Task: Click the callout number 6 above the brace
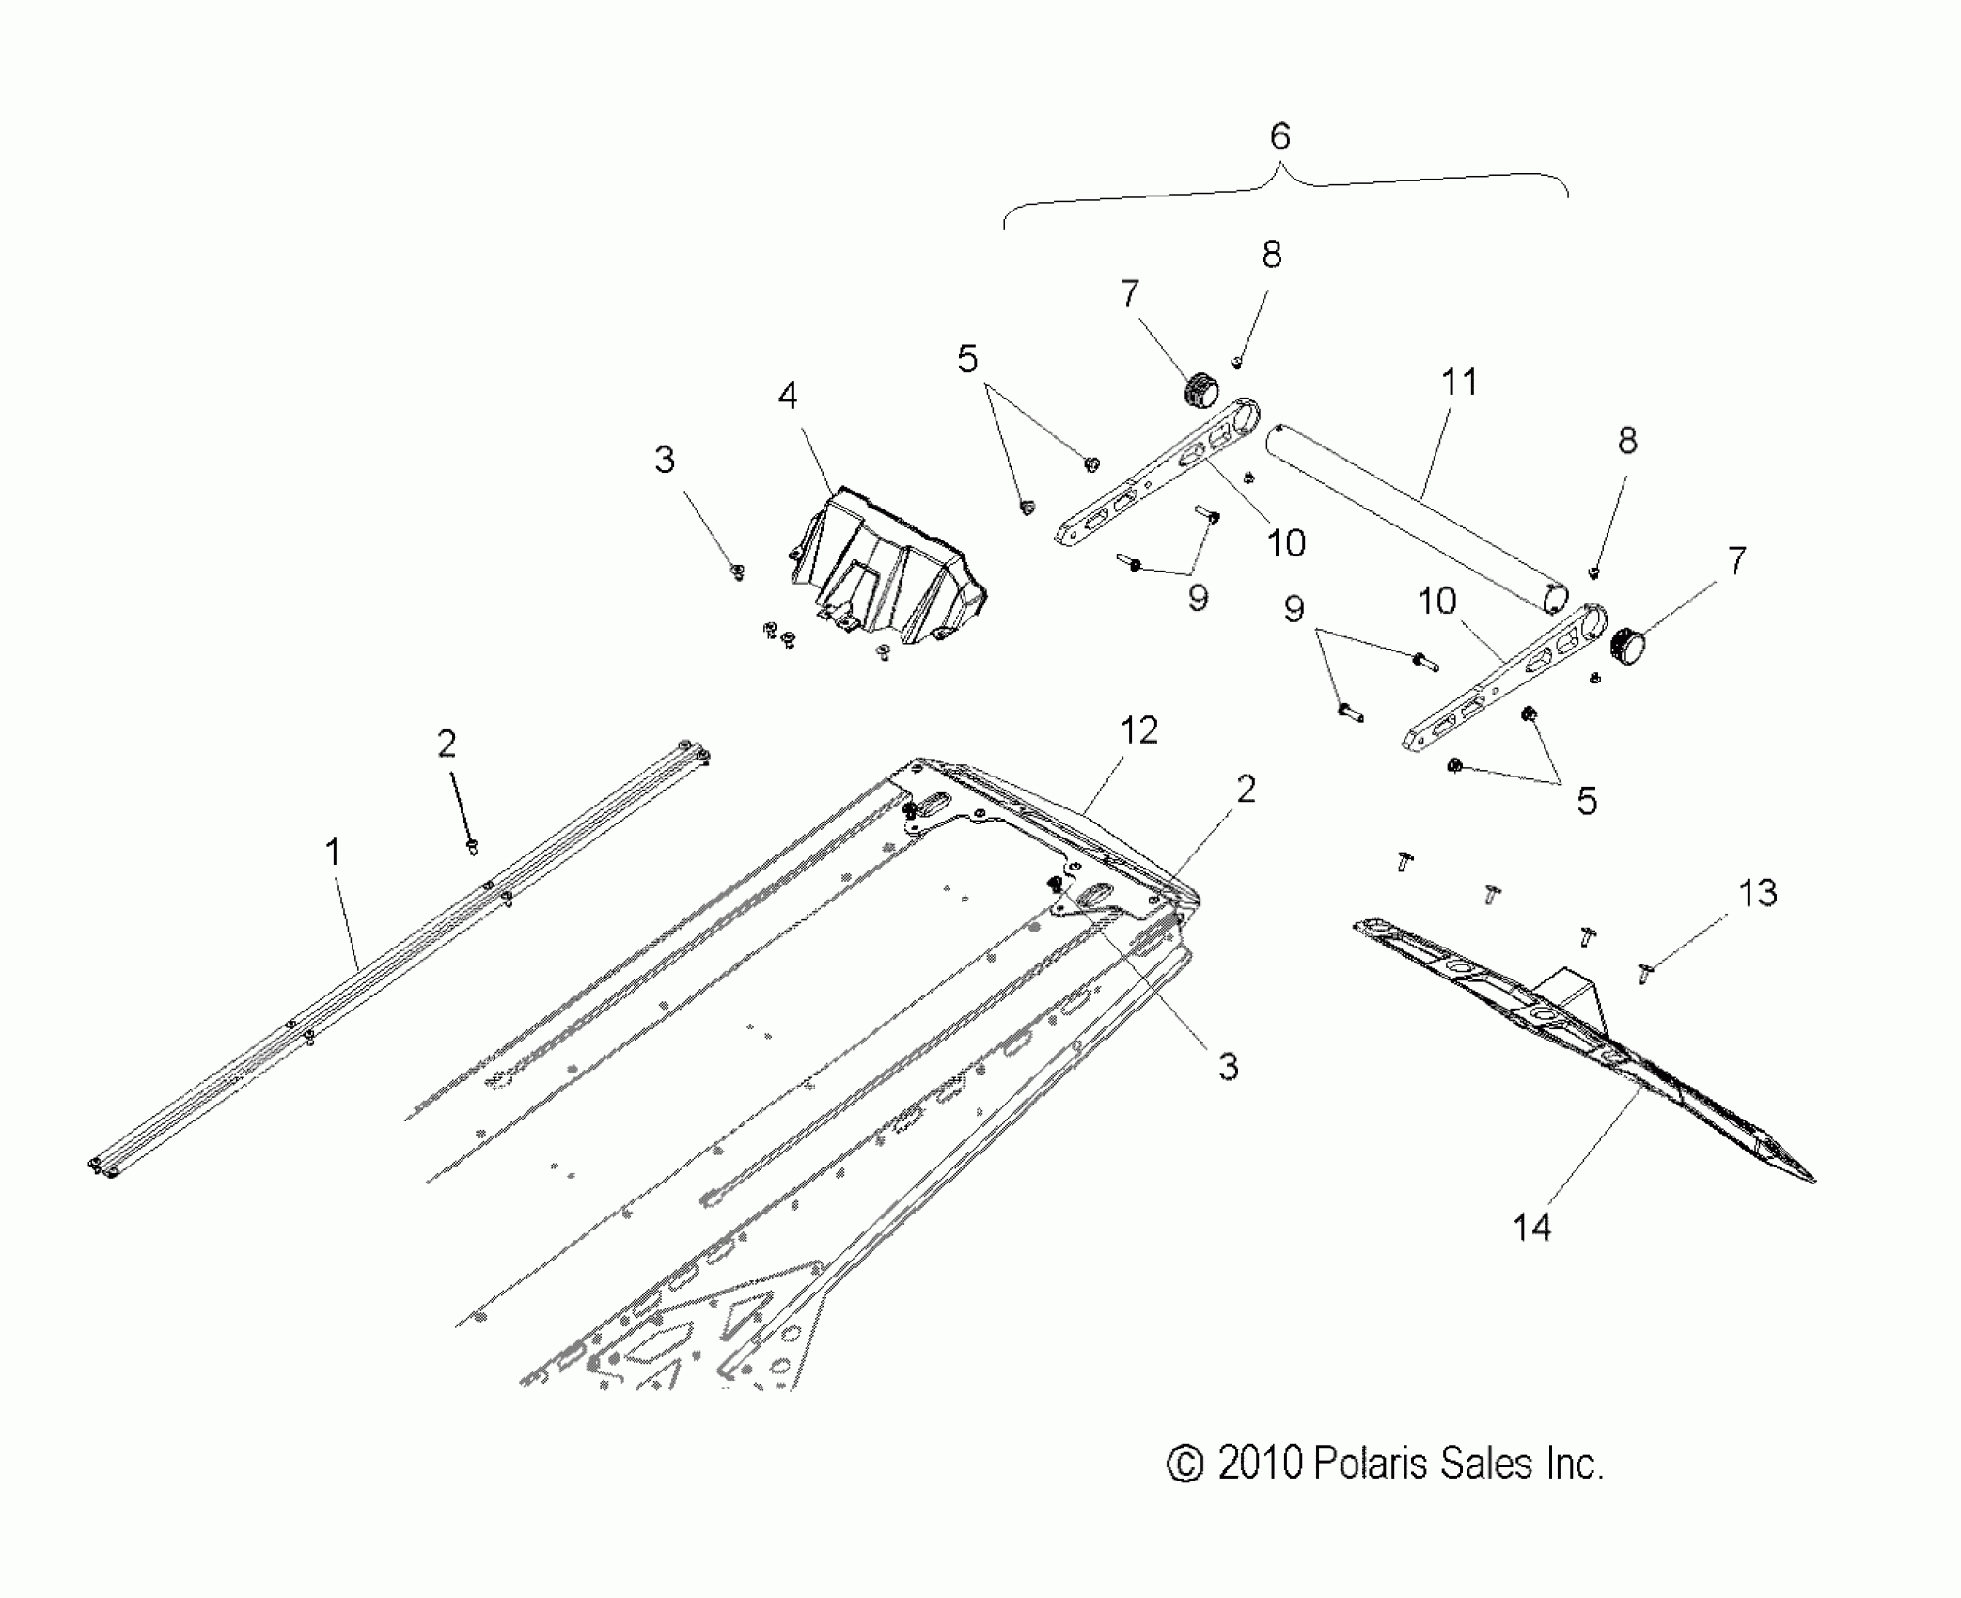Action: (x=1279, y=137)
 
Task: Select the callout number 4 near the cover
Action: (x=788, y=396)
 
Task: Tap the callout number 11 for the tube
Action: (x=1458, y=383)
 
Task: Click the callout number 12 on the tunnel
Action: (x=1138, y=730)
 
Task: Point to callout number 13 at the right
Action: (x=1758, y=892)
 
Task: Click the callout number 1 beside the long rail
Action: (x=332, y=853)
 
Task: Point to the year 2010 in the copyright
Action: (x=1259, y=1464)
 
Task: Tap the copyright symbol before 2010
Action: (x=1184, y=1465)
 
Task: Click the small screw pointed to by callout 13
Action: (x=1644, y=972)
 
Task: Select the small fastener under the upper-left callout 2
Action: (x=473, y=847)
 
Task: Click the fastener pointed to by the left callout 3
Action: (x=738, y=571)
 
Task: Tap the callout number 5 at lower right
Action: (x=1587, y=802)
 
